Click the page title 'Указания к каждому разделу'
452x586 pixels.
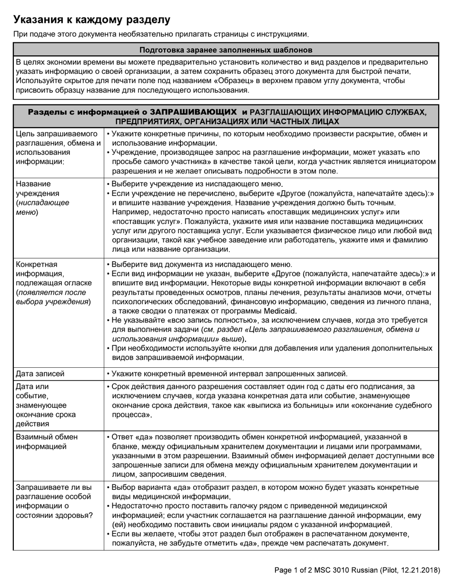[x=91, y=20]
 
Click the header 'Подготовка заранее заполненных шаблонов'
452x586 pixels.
[x=226, y=50]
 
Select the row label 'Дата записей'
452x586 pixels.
[x=40, y=374]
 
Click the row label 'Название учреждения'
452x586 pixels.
[x=38, y=189]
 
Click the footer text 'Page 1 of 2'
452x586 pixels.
[x=296, y=570]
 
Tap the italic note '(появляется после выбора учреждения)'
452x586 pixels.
[x=52, y=297]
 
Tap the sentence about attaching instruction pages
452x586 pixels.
[x=161, y=34]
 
